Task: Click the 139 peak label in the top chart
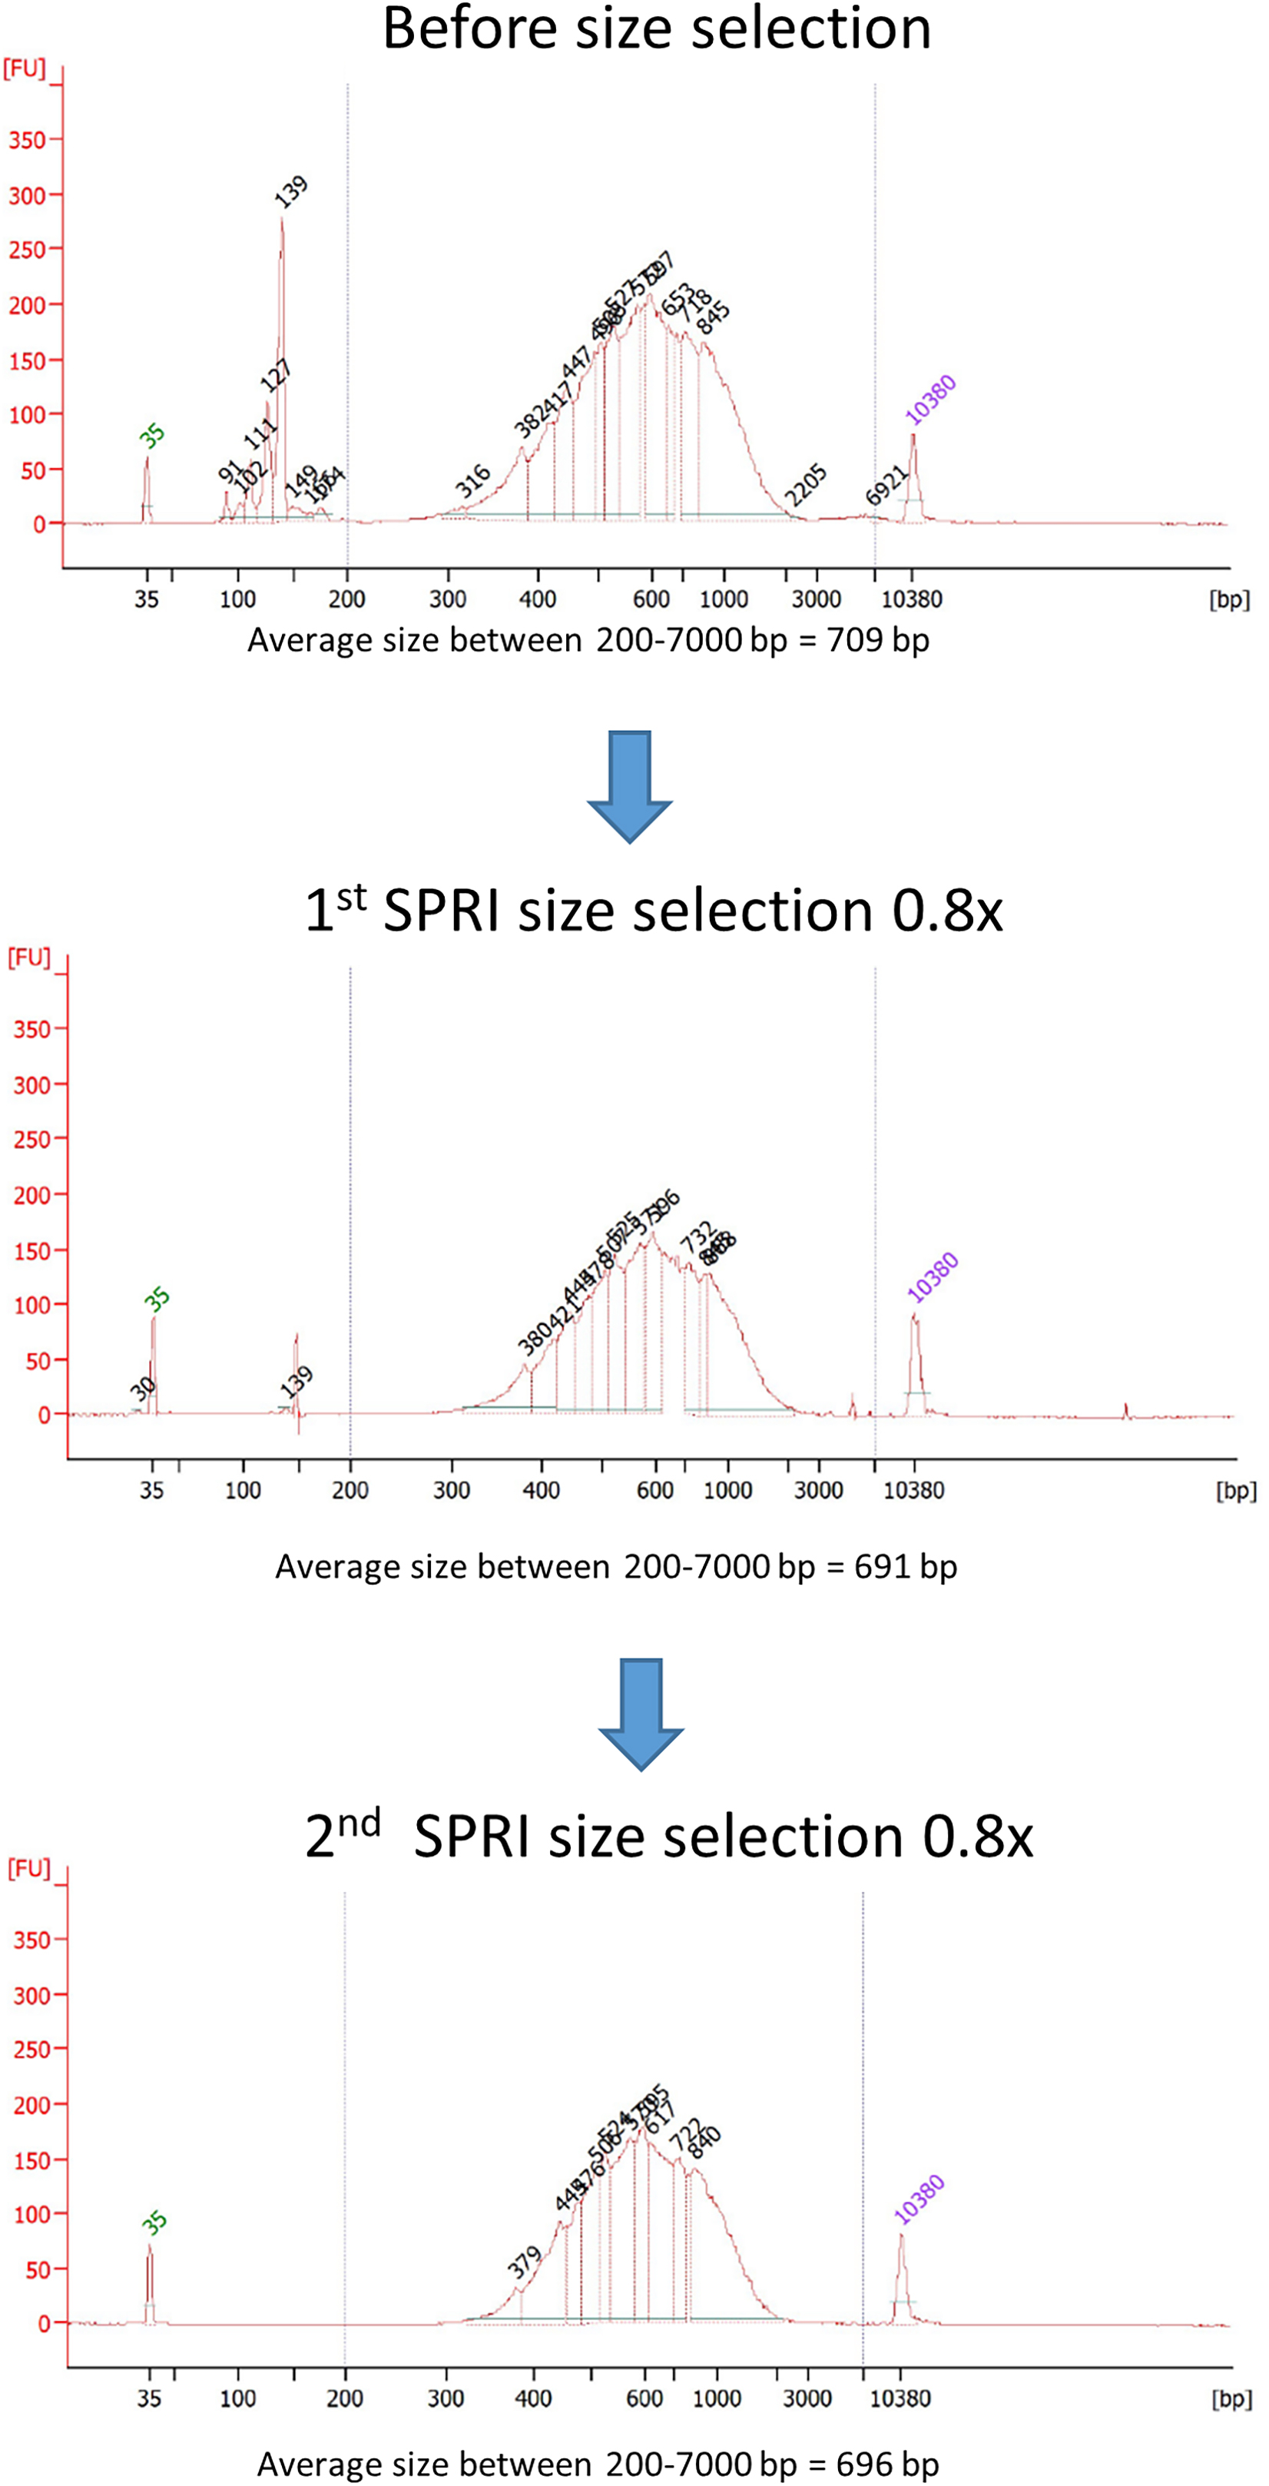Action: (290, 191)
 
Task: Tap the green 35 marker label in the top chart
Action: (151, 436)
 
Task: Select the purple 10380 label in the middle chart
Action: (933, 1276)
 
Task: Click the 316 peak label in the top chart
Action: (473, 480)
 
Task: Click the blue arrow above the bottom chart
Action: (641, 1714)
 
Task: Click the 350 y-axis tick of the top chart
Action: (27, 141)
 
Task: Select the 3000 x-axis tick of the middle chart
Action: (818, 1490)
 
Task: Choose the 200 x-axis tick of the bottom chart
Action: (344, 2398)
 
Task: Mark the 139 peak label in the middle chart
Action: (297, 1382)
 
